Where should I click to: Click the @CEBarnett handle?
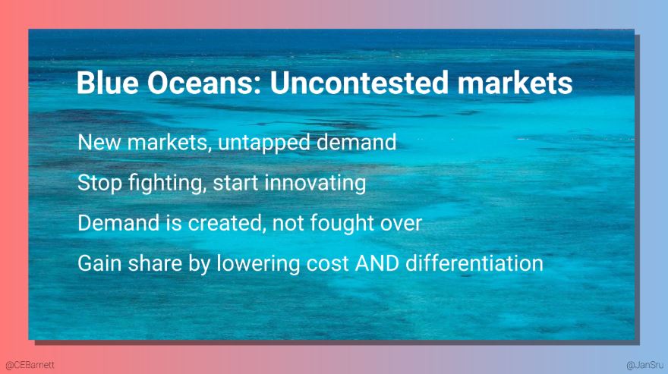tap(30, 365)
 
